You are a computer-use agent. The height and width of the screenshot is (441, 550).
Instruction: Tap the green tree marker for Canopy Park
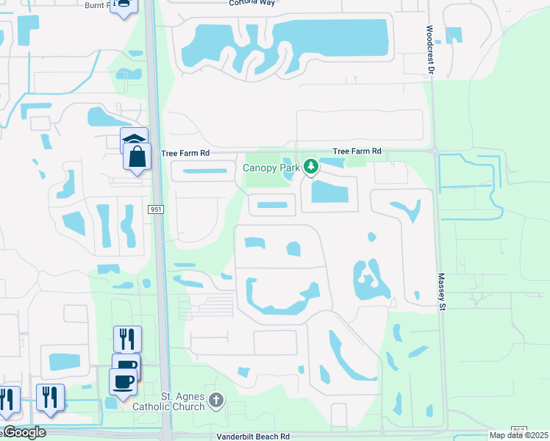[x=311, y=167]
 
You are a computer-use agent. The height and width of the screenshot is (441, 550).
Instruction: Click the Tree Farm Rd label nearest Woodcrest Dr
[x=357, y=151]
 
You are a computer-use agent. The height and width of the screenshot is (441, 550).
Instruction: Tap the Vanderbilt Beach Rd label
[x=254, y=436]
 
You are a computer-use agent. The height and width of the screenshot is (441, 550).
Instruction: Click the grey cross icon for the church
[x=215, y=401]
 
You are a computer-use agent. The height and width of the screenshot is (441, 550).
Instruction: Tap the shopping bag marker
[x=137, y=157]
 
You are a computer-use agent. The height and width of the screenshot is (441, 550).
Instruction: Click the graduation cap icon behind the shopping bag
[x=134, y=138]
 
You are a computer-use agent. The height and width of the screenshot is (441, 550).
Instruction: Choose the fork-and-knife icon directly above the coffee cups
[x=127, y=339]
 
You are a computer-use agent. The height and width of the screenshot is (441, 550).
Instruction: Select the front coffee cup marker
[x=122, y=381]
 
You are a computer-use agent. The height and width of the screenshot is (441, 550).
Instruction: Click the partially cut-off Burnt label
[x=97, y=4]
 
